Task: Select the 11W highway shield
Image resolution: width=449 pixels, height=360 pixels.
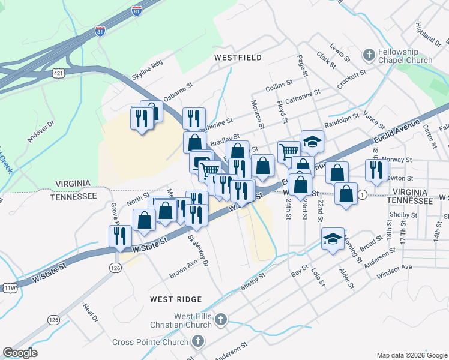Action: (10, 289)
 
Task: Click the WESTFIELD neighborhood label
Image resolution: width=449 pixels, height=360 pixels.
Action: (238, 58)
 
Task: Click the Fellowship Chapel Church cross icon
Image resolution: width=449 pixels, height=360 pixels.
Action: (369, 55)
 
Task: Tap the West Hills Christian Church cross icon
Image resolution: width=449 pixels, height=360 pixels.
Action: (221, 320)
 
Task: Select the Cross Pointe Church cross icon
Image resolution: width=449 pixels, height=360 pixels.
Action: (197, 343)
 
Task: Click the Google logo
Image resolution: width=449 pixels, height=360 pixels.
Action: (20, 353)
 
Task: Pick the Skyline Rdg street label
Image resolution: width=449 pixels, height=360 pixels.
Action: (148, 71)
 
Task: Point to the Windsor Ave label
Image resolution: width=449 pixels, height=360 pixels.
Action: (394, 271)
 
